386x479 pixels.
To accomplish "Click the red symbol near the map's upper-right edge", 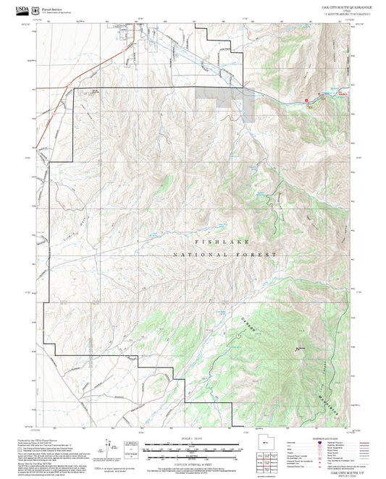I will click(x=306, y=93).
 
